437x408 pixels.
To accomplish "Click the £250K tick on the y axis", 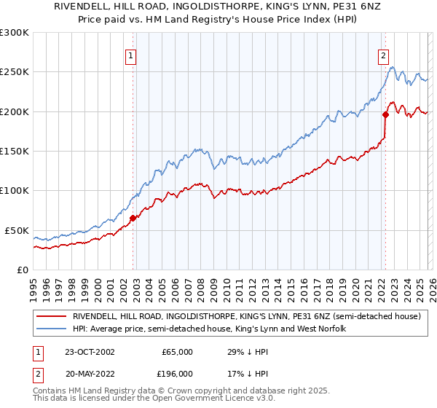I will (15, 72).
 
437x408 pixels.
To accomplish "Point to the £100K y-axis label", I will (15, 191).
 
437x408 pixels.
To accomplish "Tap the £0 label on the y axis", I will (22, 270).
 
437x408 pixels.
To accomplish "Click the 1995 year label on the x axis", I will (33, 282).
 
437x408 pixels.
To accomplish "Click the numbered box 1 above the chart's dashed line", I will (131, 55).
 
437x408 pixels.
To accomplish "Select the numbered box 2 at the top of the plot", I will (383, 55).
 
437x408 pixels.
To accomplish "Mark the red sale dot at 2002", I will (133, 218).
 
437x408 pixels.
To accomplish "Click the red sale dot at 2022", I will (386, 114).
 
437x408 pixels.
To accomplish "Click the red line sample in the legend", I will (52, 317).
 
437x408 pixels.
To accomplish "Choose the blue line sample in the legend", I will (52, 329).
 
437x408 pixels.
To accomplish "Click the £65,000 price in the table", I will (177, 352).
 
